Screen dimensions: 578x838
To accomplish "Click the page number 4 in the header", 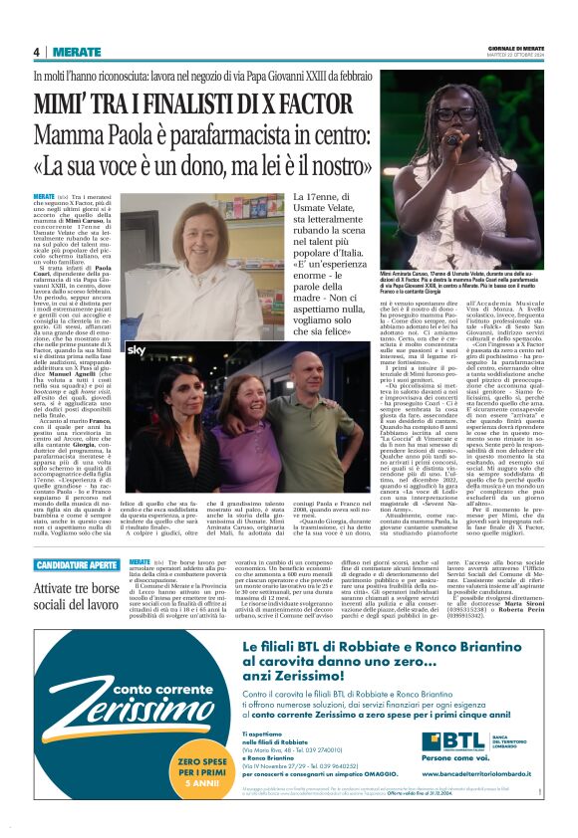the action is tap(36, 52).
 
